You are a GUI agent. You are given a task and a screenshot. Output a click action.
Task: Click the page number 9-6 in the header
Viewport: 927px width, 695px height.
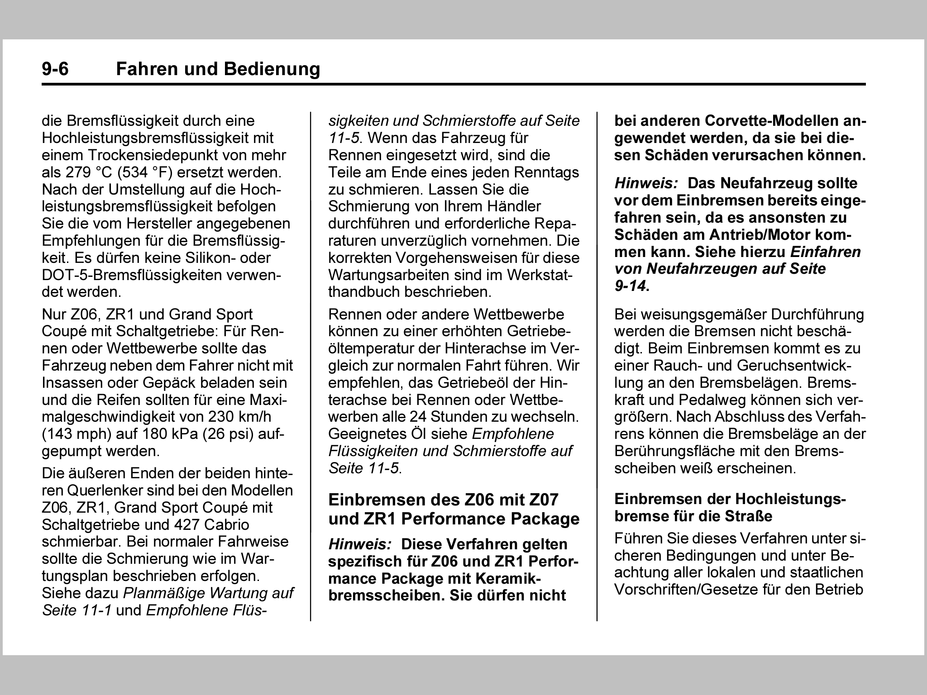(x=55, y=69)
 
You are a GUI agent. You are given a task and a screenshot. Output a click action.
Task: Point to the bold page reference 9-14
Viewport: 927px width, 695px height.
(x=631, y=286)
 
